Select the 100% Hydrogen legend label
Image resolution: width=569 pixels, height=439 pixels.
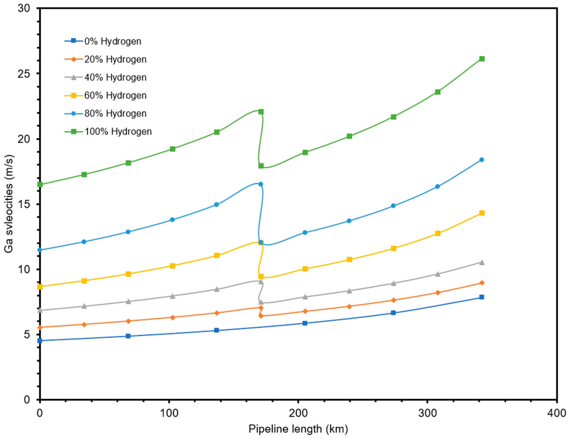[x=118, y=132]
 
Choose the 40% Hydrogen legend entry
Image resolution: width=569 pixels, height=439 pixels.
[x=115, y=77]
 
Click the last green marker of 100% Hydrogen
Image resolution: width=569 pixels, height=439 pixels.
[x=482, y=59]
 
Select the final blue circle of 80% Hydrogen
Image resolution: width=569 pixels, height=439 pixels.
[x=482, y=160]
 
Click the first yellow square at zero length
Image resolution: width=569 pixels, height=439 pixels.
[x=40, y=287]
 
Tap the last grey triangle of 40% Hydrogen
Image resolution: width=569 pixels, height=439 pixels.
[x=482, y=263]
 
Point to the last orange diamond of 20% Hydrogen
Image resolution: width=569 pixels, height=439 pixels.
[x=482, y=283]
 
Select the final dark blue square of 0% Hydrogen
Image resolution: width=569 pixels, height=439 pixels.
[x=482, y=297]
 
